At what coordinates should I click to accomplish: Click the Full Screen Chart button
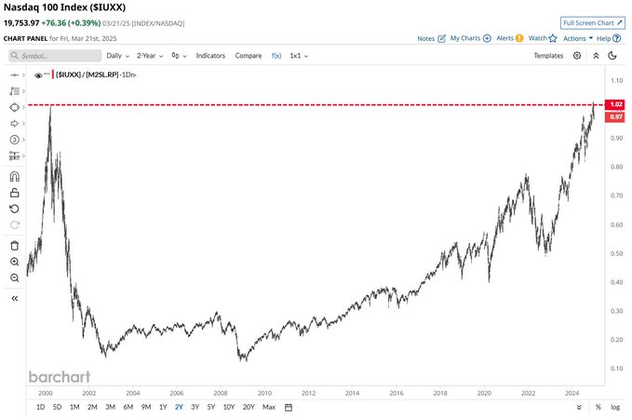(x=593, y=21)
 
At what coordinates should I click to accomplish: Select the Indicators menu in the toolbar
(x=210, y=56)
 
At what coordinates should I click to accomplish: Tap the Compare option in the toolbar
(x=249, y=56)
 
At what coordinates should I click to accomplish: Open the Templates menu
(x=548, y=56)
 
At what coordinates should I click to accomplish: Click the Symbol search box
(x=53, y=56)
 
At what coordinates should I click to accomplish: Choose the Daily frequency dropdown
(x=117, y=56)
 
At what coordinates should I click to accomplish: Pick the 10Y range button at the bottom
(x=229, y=407)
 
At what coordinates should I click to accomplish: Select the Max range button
(x=269, y=407)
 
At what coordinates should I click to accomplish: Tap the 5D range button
(x=57, y=407)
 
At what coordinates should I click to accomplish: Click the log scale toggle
(x=615, y=407)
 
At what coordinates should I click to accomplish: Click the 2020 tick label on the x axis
(x=483, y=393)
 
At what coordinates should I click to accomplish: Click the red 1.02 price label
(x=615, y=104)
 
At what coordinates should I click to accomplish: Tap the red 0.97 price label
(x=615, y=116)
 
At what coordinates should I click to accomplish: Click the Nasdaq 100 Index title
(x=64, y=7)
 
